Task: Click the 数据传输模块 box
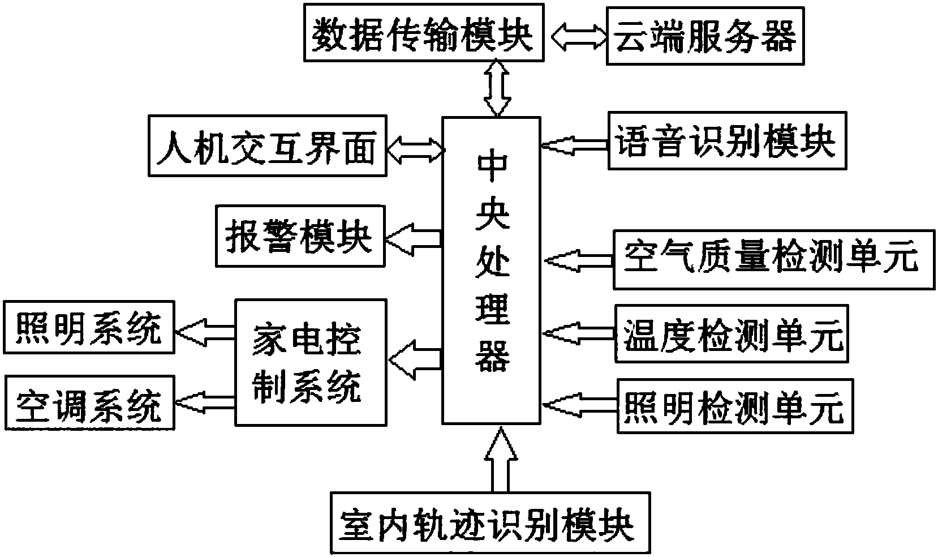coord(423,32)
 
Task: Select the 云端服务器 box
coord(705,36)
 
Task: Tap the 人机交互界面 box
coord(267,146)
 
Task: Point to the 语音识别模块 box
coord(727,141)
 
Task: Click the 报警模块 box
coord(300,237)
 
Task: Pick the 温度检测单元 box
coord(732,334)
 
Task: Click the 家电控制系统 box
coord(311,362)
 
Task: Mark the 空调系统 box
coord(89,404)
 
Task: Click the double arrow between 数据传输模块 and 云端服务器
coord(575,35)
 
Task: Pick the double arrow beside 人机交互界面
coord(415,149)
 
